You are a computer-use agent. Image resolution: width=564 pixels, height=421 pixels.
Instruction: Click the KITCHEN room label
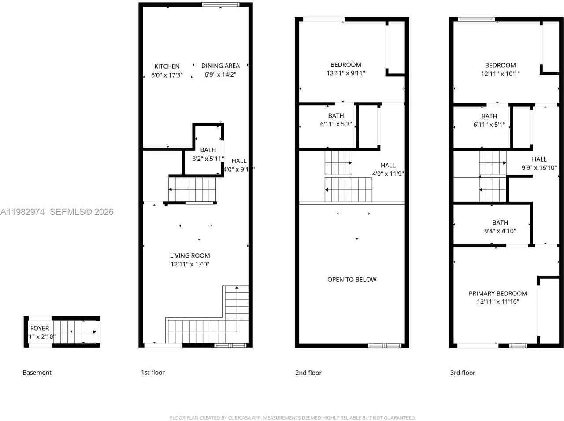167,66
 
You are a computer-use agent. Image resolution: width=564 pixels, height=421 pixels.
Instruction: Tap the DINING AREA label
220,66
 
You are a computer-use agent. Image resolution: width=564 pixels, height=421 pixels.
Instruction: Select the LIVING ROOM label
190,255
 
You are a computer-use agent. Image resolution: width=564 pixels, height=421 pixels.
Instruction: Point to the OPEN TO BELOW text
352,279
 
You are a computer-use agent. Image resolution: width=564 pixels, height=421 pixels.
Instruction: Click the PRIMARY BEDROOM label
498,293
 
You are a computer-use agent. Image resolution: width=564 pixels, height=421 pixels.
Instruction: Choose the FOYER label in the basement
40,328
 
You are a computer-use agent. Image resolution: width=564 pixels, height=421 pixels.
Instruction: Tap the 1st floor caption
152,373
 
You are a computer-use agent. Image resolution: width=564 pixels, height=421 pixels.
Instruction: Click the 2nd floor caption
308,373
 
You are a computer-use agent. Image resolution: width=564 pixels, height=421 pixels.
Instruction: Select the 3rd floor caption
463,373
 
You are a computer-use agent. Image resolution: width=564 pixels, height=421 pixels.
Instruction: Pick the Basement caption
37,373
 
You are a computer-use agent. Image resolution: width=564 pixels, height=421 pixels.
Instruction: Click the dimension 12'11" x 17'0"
190,264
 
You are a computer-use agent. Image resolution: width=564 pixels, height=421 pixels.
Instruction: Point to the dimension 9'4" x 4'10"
500,231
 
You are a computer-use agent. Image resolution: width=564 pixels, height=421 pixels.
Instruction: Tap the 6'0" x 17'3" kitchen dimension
167,75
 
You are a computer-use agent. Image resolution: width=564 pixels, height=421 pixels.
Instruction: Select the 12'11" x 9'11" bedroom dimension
346,73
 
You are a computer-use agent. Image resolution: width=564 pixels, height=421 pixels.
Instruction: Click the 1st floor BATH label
208,150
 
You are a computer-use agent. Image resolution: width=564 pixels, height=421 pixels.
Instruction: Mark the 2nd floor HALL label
388,165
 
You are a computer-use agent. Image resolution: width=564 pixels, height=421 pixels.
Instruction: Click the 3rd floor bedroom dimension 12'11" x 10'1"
500,74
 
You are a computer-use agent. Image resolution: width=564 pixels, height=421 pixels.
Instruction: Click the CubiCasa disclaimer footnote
293,418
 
